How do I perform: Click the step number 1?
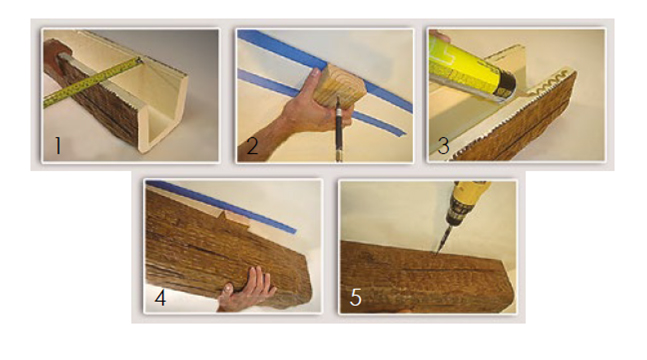click(x=58, y=146)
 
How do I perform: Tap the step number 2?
click(x=252, y=145)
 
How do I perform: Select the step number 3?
click(x=443, y=146)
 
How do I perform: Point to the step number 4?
click(x=161, y=297)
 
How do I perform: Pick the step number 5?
click(x=356, y=297)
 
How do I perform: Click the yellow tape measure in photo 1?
click(x=93, y=82)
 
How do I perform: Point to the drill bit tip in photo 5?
click(x=436, y=254)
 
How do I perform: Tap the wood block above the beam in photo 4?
click(x=237, y=218)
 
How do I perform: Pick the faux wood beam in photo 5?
click(x=427, y=277)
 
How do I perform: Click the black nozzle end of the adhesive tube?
click(x=504, y=88)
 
